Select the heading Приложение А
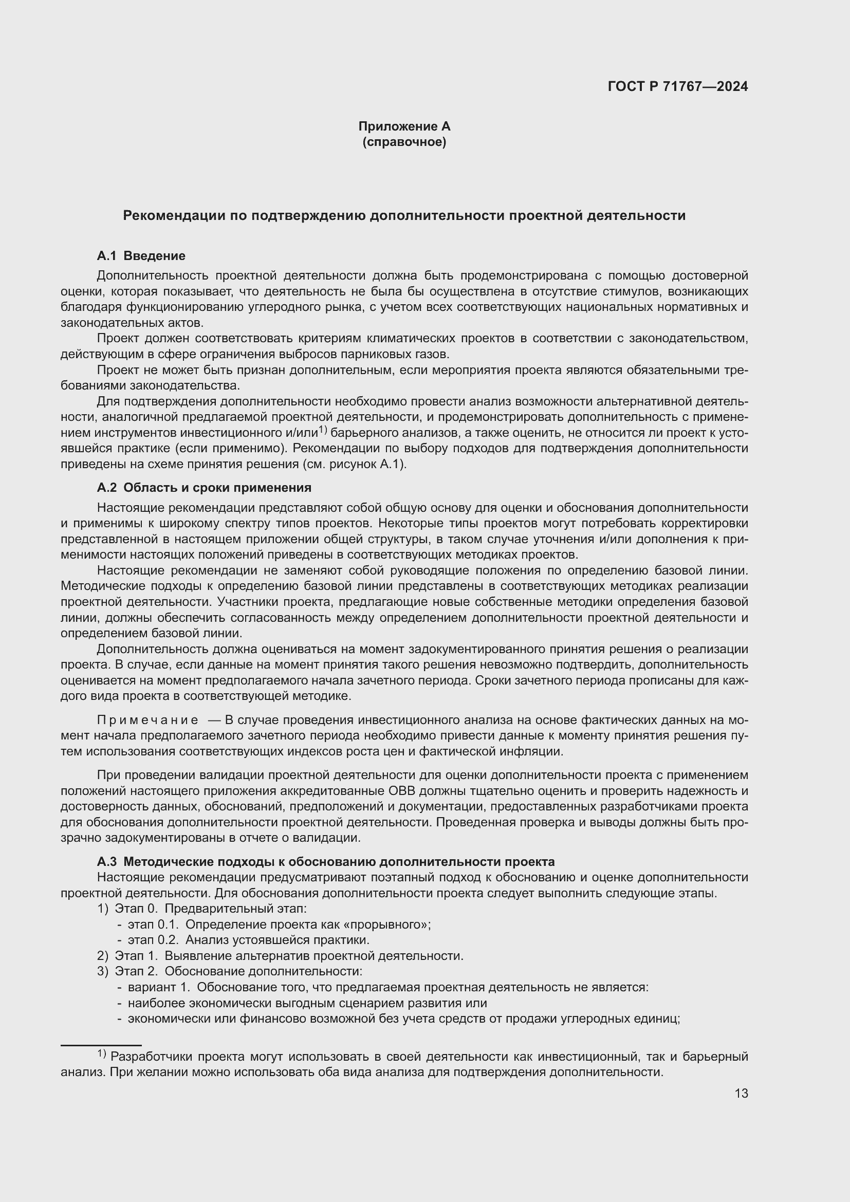[404, 126]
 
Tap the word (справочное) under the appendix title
[404, 142]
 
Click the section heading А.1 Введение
[141, 256]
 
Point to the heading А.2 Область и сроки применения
[204, 488]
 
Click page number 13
[741, 1094]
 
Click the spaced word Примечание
[147, 720]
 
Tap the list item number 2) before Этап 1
[102, 956]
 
